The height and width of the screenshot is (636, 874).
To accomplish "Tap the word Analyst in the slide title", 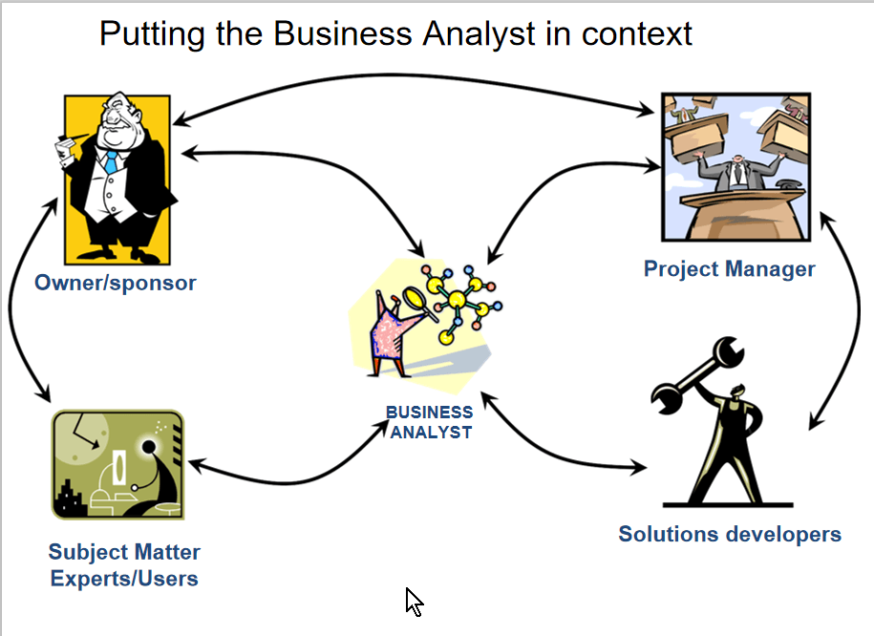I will click(483, 34).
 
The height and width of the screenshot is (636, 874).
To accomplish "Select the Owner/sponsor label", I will click(115, 283).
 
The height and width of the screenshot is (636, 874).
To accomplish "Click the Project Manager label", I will click(729, 268).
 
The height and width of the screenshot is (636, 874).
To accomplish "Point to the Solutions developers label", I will click(729, 534).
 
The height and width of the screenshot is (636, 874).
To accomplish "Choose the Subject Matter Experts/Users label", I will click(124, 564).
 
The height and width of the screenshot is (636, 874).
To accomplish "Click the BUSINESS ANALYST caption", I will click(429, 422).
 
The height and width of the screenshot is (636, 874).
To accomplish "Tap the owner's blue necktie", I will click(111, 161).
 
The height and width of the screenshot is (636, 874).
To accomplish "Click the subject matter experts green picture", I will click(117, 464).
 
